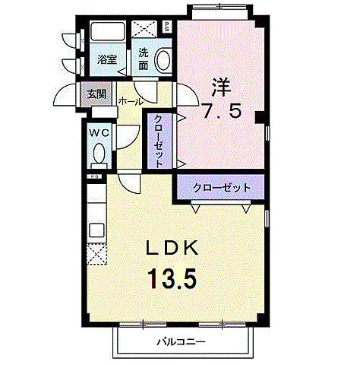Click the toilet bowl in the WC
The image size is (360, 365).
pyautogui.click(x=98, y=154)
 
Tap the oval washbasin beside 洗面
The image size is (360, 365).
pyautogui.click(x=163, y=59)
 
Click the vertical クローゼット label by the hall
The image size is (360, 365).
pyautogui.click(x=159, y=140)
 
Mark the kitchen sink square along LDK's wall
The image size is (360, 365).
pyautogui.click(x=97, y=228)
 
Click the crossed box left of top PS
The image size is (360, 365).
pyautogui.click(x=145, y=29)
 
